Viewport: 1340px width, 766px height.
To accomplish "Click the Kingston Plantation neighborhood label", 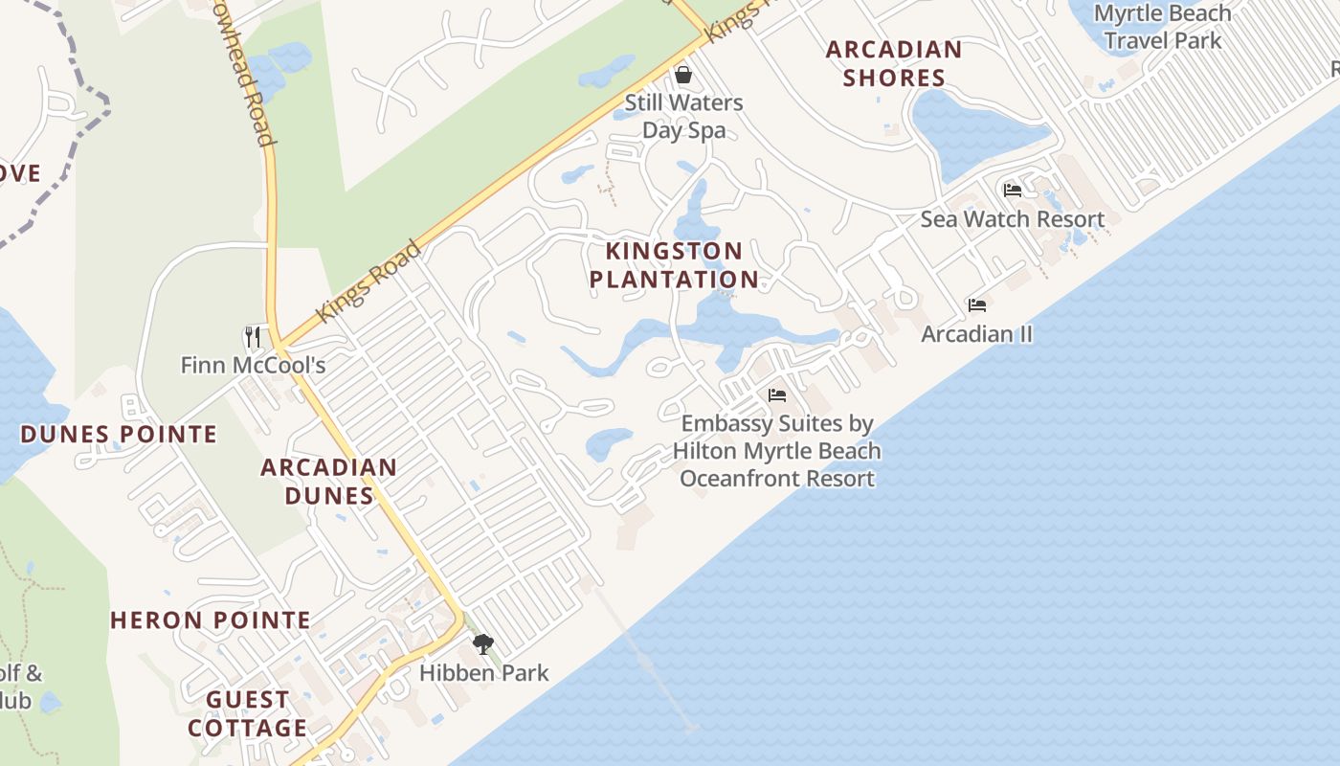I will [674, 265].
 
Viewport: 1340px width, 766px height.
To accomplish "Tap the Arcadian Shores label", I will [894, 63].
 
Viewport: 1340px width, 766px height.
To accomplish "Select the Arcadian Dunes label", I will [329, 482].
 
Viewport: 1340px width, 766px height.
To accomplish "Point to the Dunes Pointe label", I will [119, 435].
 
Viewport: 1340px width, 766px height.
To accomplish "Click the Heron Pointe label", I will [211, 620].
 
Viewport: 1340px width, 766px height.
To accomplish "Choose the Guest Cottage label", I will [248, 714].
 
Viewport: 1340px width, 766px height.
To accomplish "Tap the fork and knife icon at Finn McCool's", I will [253, 336].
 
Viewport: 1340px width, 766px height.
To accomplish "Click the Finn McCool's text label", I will [254, 365].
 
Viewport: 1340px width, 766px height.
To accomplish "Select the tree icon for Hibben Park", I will [483, 643].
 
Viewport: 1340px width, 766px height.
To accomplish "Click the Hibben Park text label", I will [484, 673].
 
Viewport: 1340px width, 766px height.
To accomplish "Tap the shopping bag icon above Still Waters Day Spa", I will [683, 74].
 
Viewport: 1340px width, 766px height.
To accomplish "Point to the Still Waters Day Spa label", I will [683, 116].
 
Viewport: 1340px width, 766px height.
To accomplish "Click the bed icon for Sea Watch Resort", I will [1013, 190].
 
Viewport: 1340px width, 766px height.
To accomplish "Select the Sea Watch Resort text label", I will [1013, 219].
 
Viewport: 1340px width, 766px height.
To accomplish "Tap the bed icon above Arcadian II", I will [977, 304].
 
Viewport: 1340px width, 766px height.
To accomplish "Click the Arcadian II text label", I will [977, 334].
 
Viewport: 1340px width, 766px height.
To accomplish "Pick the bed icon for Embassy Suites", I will [777, 394].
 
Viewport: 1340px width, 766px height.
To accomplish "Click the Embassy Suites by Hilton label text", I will [776, 451].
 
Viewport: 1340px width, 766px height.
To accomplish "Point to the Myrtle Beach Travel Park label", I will [1163, 27].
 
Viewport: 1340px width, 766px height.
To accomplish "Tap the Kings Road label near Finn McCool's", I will [368, 282].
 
